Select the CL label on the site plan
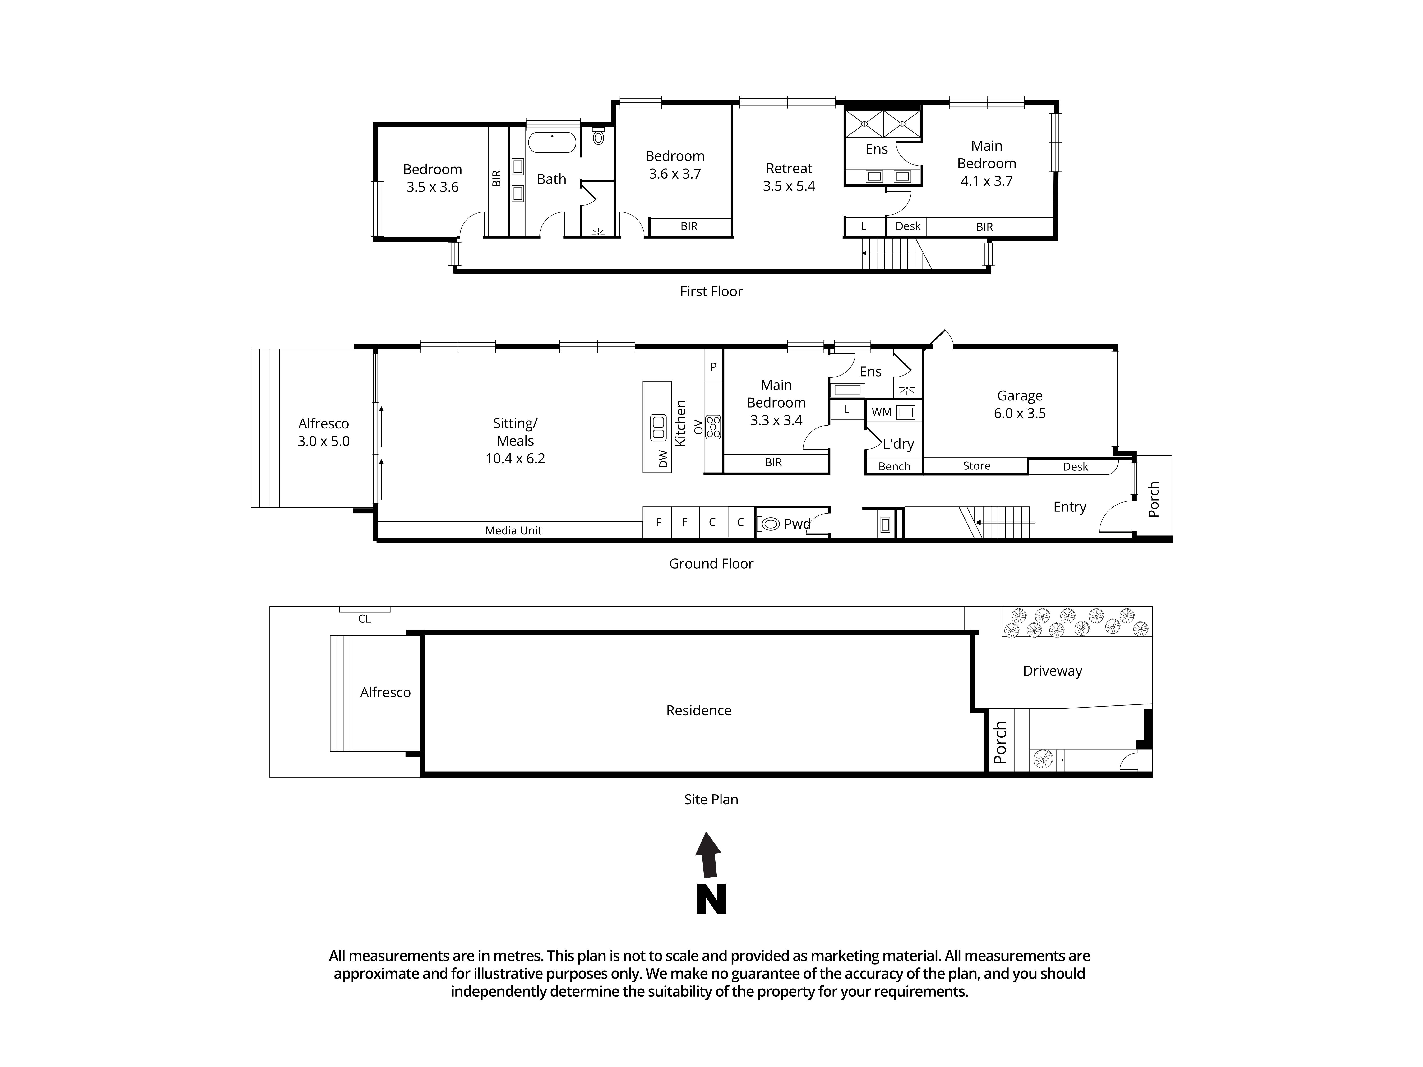364,619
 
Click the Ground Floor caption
711,563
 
